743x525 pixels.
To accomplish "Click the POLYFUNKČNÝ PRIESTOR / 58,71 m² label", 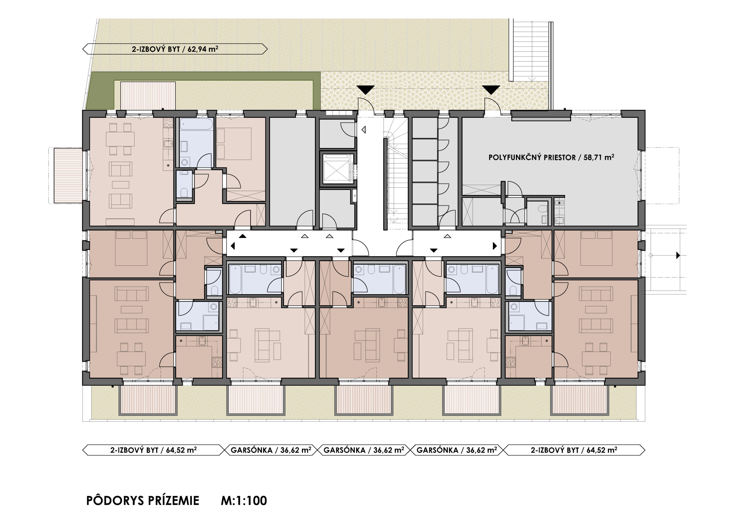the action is [x=551, y=157].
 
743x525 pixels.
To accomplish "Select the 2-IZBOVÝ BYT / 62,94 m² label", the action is [x=175, y=49].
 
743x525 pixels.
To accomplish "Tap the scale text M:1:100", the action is [x=244, y=501].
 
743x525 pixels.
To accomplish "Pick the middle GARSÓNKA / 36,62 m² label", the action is [x=364, y=450].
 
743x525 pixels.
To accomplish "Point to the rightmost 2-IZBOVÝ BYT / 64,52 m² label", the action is [x=574, y=450].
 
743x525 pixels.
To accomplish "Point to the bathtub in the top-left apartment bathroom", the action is [x=196, y=124].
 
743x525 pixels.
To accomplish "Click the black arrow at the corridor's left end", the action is [x=233, y=246].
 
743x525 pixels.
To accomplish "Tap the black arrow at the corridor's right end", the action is [x=495, y=246].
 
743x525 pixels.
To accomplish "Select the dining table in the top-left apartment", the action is [x=120, y=139].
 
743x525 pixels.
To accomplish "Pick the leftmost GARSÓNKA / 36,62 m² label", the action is [x=271, y=450].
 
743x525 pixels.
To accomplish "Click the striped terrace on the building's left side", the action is [x=68, y=175].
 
